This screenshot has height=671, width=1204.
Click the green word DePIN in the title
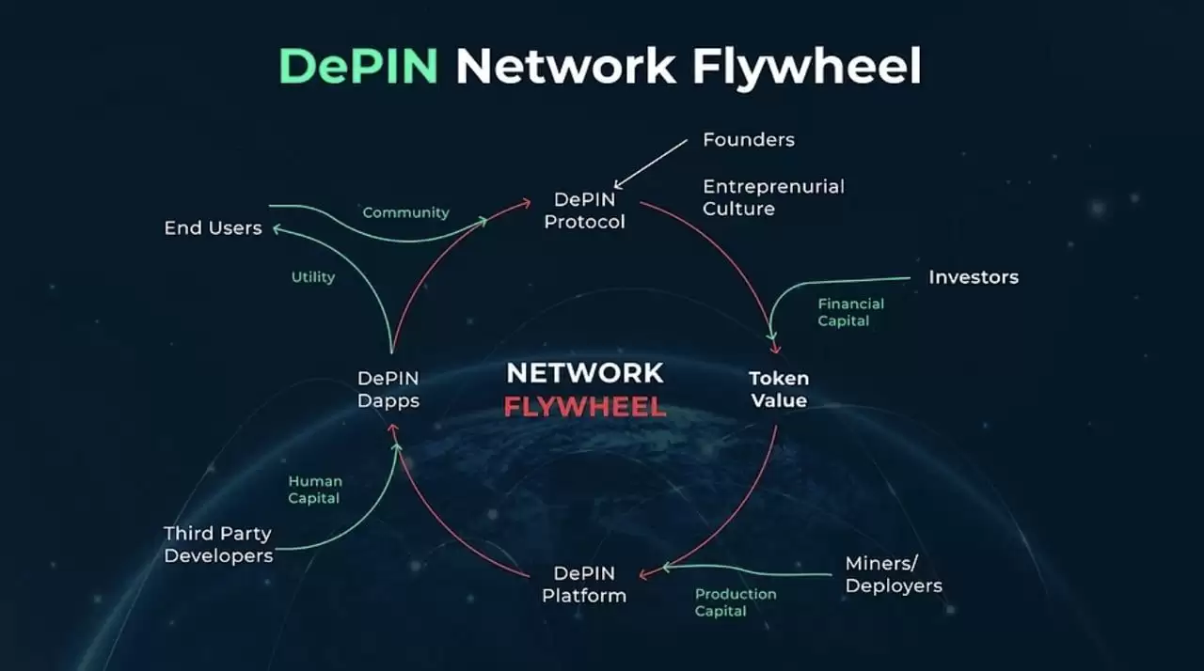[x=358, y=67]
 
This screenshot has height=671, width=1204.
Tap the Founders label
[x=749, y=140]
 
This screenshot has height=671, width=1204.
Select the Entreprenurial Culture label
[x=773, y=197]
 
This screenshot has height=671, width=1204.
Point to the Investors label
[x=974, y=277]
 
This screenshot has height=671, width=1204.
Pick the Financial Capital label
[x=850, y=312]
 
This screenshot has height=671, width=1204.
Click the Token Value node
[x=779, y=389]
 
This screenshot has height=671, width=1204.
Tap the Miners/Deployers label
[x=893, y=574]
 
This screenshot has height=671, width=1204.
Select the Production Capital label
[x=736, y=602]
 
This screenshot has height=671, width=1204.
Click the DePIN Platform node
[x=584, y=584]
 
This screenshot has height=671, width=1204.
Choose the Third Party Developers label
[x=218, y=544]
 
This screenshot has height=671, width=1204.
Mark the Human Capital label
[x=314, y=489]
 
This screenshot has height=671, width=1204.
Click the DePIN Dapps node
[x=388, y=389]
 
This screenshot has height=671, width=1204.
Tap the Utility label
[x=313, y=277]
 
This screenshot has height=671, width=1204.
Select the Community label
[x=405, y=212]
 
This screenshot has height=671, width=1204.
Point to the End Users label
[x=213, y=228]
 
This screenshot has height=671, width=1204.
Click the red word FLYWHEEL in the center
[x=584, y=408]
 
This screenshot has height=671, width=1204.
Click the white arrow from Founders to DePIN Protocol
[x=651, y=165]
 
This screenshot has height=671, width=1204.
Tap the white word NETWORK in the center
[x=584, y=373]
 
